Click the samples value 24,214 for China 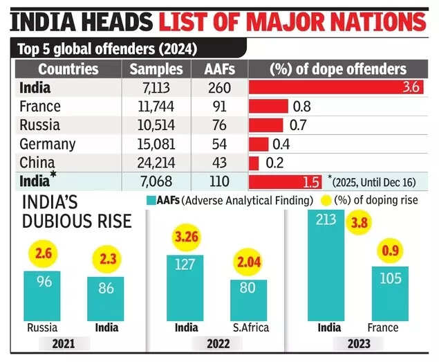[x=156, y=163]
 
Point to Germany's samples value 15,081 [x=156, y=144]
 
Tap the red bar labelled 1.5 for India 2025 [x=285, y=182]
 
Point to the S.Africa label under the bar [x=250, y=327]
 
